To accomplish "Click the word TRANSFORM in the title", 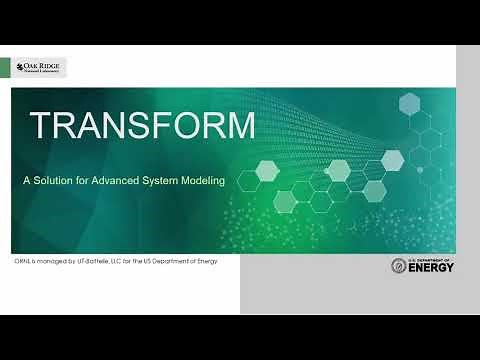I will (142, 126).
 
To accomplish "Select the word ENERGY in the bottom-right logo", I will (431, 270).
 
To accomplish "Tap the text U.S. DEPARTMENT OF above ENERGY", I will (431, 259).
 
